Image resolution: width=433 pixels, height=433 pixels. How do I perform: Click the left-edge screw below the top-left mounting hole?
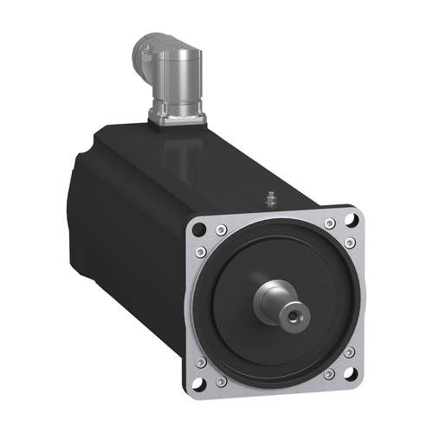click(202, 252)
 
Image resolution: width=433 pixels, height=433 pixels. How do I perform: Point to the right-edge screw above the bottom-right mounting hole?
click(349, 353)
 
